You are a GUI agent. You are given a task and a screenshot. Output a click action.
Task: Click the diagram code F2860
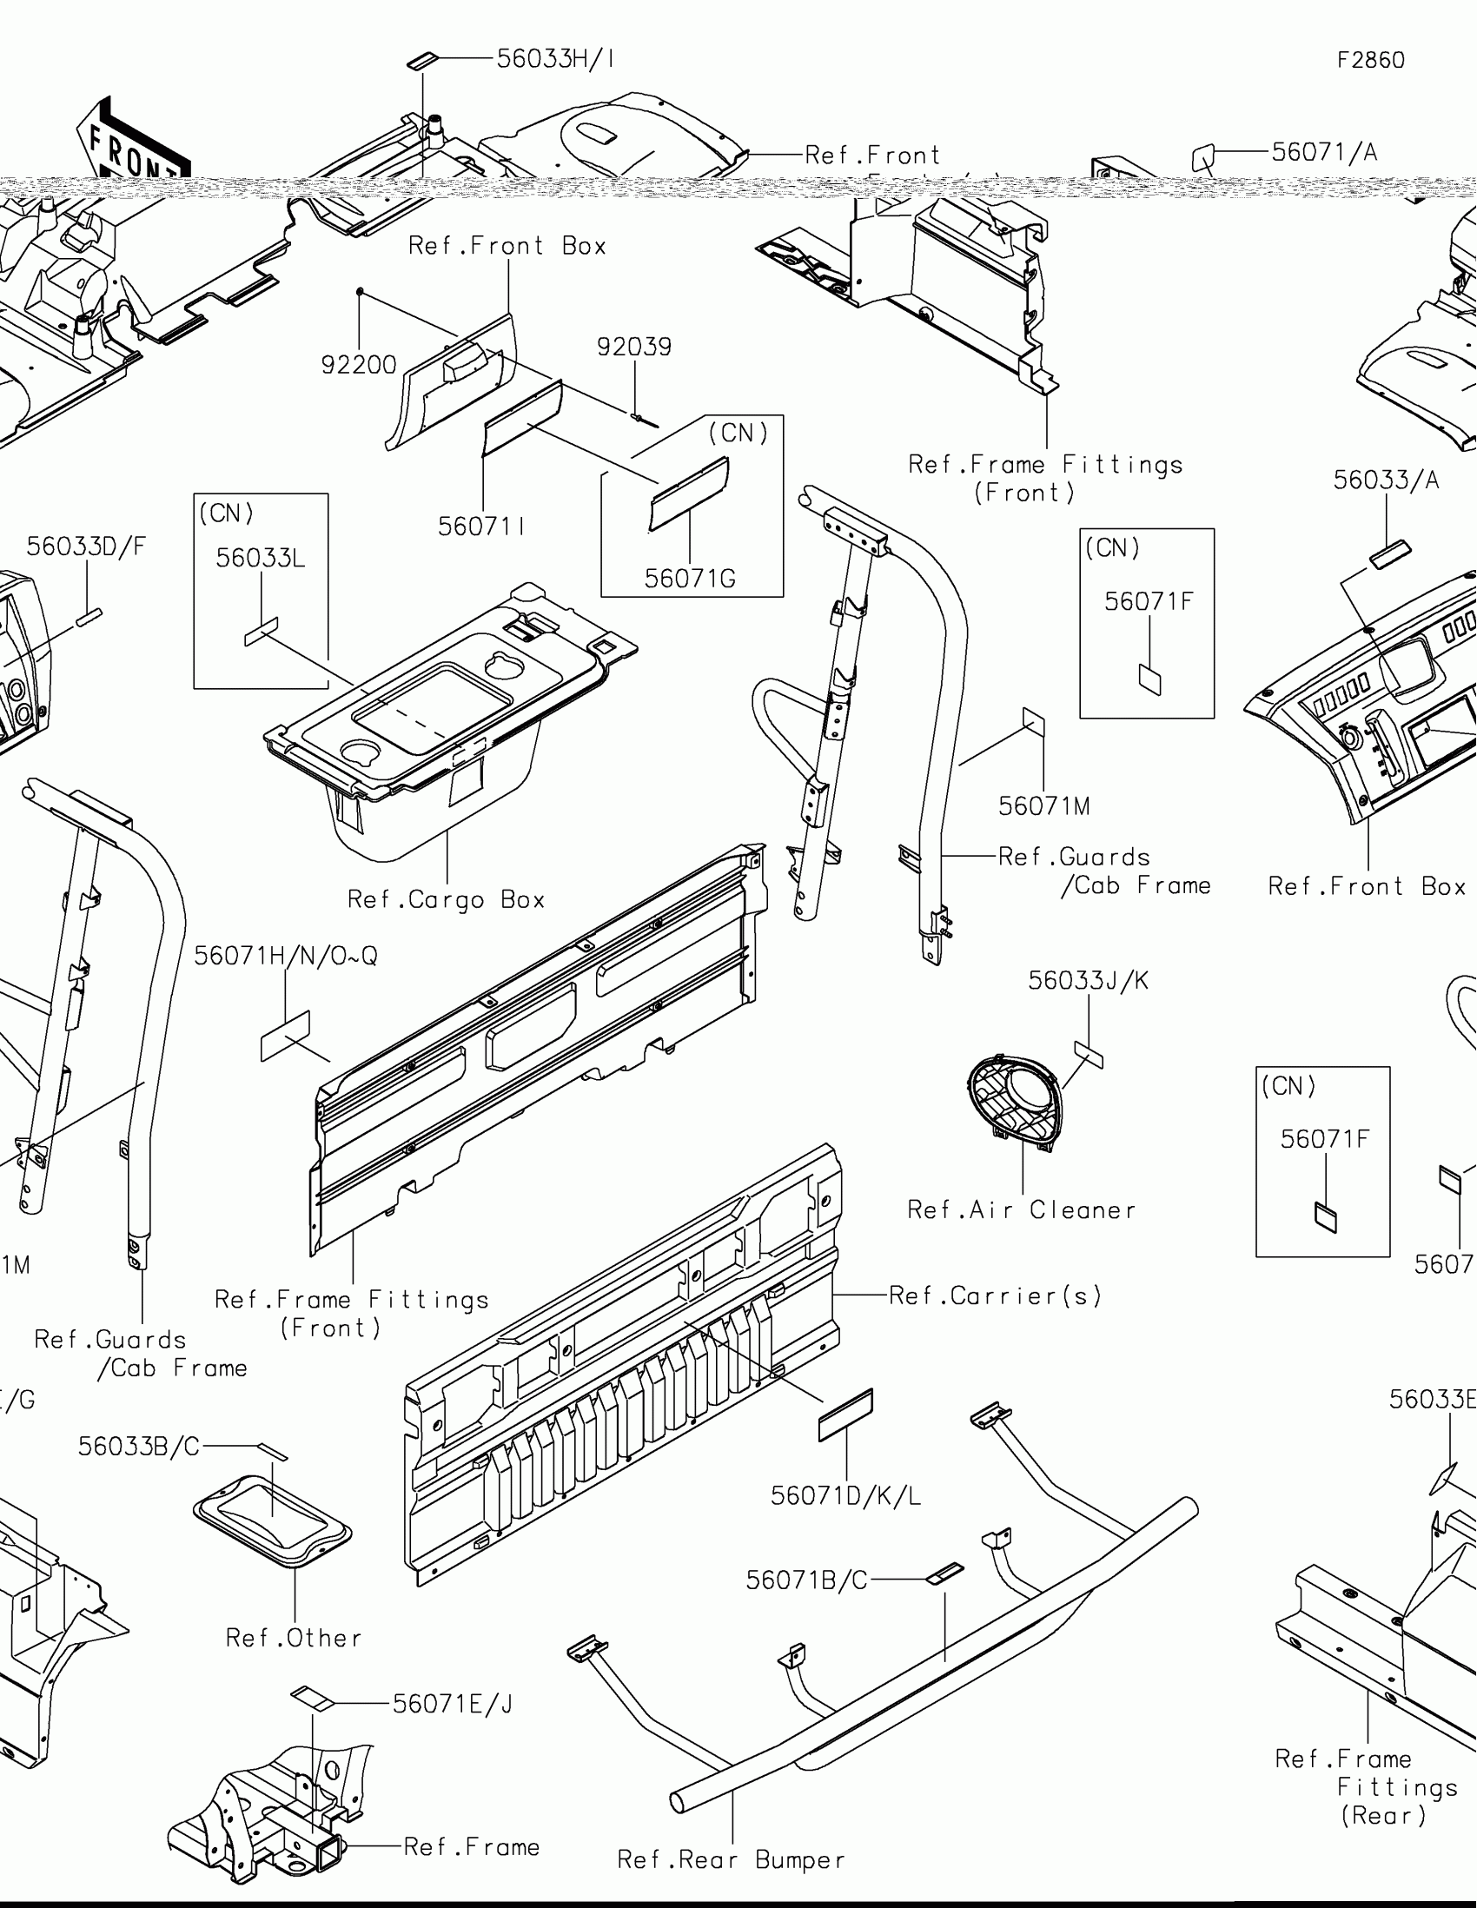[1370, 60]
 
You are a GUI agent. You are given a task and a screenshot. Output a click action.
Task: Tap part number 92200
[358, 364]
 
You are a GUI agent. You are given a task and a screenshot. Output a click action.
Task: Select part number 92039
[634, 347]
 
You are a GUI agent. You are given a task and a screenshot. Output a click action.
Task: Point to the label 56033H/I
[555, 58]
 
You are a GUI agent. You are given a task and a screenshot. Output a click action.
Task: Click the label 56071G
[690, 579]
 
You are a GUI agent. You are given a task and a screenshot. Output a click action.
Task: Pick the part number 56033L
[261, 558]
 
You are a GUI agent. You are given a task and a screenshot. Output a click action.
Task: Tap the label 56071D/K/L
[845, 1495]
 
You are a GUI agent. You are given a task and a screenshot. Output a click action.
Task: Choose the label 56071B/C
[806, 1580]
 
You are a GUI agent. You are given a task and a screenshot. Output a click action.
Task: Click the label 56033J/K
[1088, 980]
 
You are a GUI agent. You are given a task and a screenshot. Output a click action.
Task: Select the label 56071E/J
[453, 1704]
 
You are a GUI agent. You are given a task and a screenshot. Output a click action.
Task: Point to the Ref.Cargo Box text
[446, 899]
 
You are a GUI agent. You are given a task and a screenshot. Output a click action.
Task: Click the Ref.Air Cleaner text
[1021, 1210]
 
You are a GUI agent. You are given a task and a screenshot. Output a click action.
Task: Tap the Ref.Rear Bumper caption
[731, 1859]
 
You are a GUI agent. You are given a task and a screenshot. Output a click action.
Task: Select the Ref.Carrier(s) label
[995, 1295]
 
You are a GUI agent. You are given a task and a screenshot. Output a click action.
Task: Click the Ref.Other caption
[294, 1638]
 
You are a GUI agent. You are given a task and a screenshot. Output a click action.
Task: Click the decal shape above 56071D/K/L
[844, 1415]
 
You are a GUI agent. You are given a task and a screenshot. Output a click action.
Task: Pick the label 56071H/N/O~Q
[286, 956]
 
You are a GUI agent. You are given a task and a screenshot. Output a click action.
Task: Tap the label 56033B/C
[139, 1447]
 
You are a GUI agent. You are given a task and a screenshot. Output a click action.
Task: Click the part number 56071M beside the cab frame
[1043, 805]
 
